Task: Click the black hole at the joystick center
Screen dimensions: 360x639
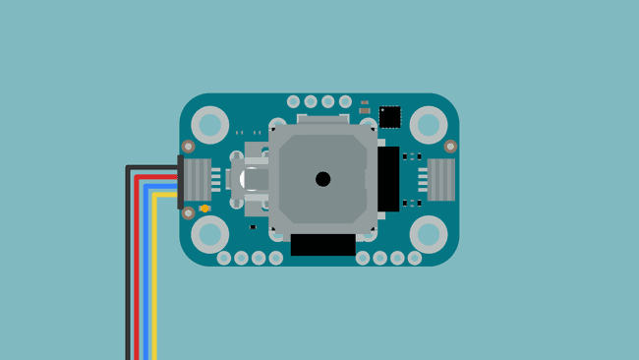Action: (x=322, y=179)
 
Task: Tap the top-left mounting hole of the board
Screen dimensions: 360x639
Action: (x=209, y=125)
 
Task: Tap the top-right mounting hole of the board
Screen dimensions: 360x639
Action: (x=429, y=125)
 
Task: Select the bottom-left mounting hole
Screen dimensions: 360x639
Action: (x=209, y=234)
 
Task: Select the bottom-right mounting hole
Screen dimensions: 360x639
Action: (x=429, y=234)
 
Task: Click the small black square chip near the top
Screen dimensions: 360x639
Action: (x=390, y=116)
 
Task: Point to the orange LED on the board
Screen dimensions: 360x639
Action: (x=203, y=209)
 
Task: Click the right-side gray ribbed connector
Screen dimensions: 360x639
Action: (x=439, y=179)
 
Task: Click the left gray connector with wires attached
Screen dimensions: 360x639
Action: (x=197, y=179)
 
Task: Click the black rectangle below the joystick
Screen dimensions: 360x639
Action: (x=322, y=245)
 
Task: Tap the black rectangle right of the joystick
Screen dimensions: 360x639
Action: (x=388, y=180)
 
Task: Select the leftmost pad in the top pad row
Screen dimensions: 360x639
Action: (x=293, y=101)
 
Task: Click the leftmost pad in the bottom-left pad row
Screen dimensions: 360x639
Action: (x=224, y=258)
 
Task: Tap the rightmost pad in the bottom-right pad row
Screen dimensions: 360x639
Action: (x=415, y=258)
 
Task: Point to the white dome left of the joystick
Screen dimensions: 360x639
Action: (x=252, y=179)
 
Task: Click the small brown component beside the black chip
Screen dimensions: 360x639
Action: (x=365, y=110)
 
